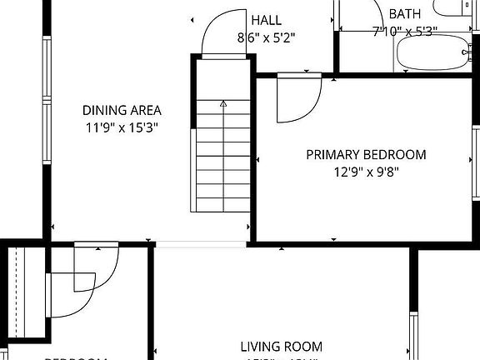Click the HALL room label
click(267, 20)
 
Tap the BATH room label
click(405, 13)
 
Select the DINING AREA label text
click(122, 110)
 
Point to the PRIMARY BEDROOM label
click(366, 154)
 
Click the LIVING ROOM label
click(281, 347)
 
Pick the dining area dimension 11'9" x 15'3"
click(122, 127)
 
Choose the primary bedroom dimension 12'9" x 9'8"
click(366, 172)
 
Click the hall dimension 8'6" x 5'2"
click(267, 37)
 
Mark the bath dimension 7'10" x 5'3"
click(405, 32)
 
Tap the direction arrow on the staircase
click(223, 104)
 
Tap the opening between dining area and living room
click(200, 244)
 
